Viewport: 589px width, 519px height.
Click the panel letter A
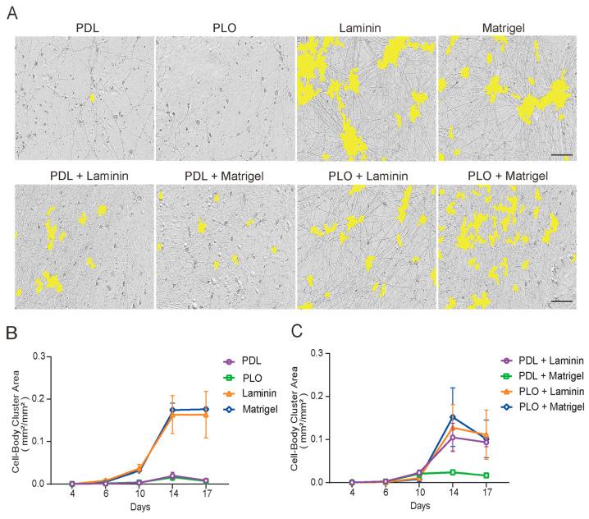[11, 15]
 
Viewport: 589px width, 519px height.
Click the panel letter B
[11, 334]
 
